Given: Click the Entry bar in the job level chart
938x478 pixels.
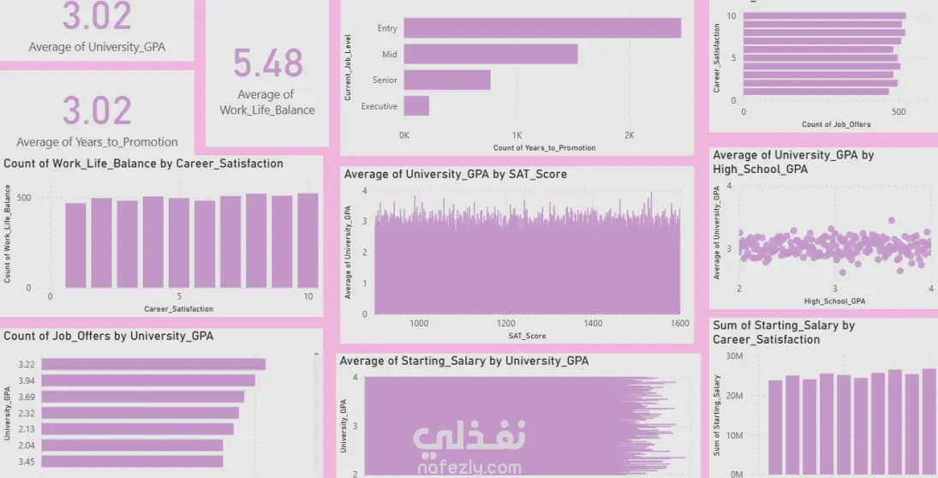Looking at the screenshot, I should click(542, 28).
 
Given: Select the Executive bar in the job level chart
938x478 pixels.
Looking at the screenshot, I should click(416, 106).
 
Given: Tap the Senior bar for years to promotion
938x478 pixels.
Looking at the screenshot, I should click(447, 81).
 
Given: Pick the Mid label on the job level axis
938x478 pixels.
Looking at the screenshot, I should click(390, 55).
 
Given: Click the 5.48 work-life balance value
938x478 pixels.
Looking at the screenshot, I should click(268, 64).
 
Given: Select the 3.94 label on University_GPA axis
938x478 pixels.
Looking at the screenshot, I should click(26, 380).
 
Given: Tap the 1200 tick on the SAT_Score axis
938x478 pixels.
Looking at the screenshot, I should click(506, 324).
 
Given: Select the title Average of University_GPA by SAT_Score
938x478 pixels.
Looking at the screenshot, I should click(455, 174).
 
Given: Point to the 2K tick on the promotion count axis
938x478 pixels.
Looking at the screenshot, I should click(629, 135).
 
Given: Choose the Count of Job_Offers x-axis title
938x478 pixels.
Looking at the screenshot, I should click(836, 124).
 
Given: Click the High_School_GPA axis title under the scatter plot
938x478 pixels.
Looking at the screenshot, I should click(834, 301).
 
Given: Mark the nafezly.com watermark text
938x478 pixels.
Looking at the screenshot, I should click(469, 468).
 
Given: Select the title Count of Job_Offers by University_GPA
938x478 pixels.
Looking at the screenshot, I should click(109, 336).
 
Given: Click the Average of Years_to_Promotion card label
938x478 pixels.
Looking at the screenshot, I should click(97, 142).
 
